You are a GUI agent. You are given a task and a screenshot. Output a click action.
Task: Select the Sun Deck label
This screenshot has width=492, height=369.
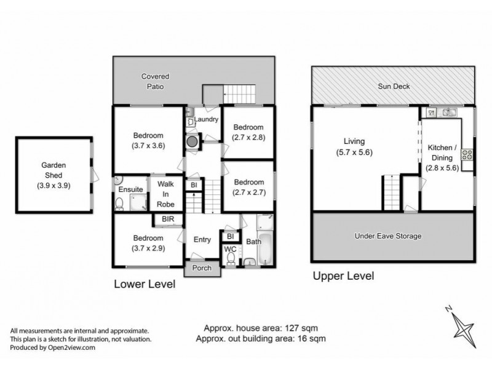point(394,87)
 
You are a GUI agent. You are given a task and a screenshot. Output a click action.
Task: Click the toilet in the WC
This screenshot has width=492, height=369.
point(231,260)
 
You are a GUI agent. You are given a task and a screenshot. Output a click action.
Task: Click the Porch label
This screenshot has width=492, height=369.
point(202,268)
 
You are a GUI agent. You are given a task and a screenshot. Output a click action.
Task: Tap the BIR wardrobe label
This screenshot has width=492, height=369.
point(167,218)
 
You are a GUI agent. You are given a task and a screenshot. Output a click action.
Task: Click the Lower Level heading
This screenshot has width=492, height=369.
point(145,284)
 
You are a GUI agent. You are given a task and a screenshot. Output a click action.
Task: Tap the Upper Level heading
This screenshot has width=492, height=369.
point(343,276)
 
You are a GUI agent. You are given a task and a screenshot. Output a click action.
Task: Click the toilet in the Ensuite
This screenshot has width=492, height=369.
point(120,203)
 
